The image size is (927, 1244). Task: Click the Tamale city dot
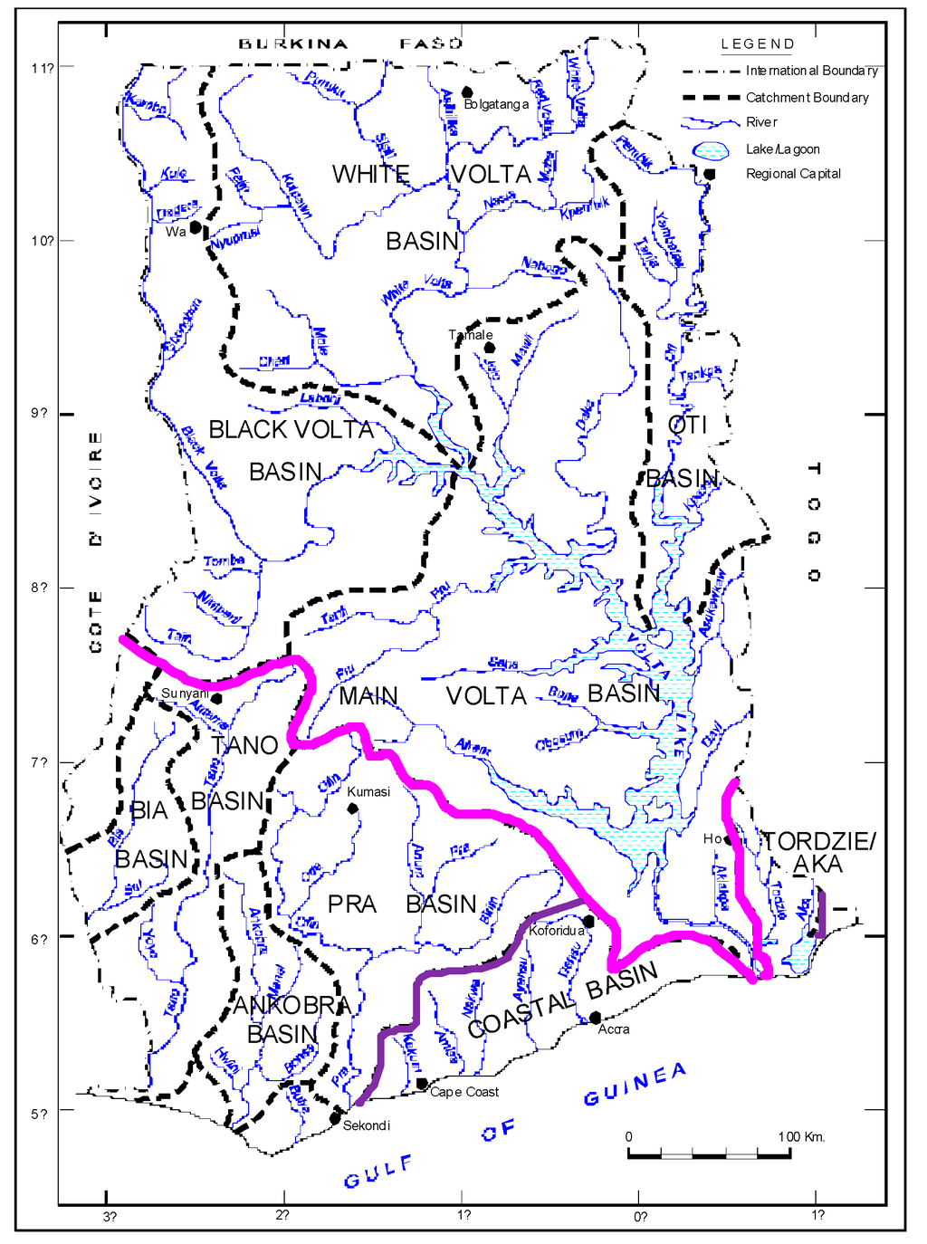[490, 348]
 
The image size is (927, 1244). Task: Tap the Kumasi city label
[368, 791]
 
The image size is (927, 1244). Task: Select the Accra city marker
[595, 1018]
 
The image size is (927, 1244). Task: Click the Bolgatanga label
[496, 104]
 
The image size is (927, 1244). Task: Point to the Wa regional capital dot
[196, 227]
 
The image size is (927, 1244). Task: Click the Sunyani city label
[185, 694]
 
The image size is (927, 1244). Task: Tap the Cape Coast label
[463, 1092]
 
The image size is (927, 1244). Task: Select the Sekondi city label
[367, 1125]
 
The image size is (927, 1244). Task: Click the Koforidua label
[556, 931]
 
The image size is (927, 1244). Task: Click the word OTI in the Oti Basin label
[687, 425]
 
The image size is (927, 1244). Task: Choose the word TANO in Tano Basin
[244, 746]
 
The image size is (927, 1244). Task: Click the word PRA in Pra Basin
[352, 904]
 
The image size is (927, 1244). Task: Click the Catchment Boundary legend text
[807, 98]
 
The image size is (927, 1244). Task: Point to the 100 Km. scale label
[801, 1136]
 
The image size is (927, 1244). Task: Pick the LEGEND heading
[758, 44]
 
